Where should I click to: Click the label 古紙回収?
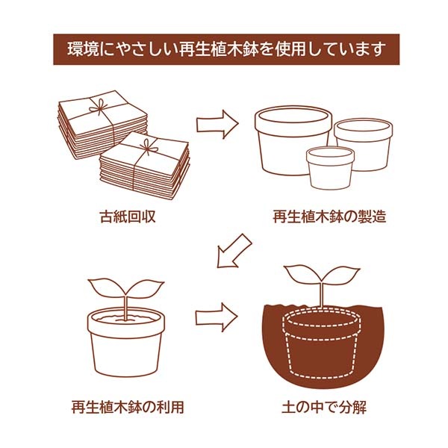tap(127, 218)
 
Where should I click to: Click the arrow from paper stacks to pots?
tap(217, 124)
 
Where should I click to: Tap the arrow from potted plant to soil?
tap(217, 317)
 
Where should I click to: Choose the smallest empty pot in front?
tap(329, 168)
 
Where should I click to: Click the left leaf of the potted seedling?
tap(105, 286)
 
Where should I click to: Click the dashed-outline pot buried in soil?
tap(321, 347)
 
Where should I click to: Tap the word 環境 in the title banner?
tap(83, 50)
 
